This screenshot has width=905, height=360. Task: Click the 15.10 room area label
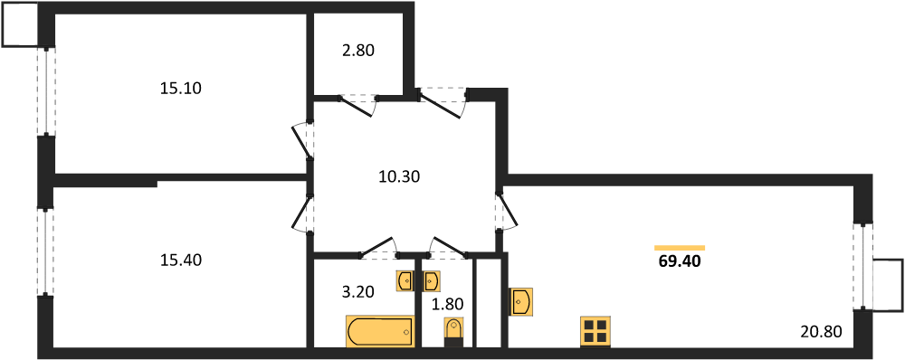tap(181, 89)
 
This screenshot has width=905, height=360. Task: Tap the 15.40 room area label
tap(181, 261)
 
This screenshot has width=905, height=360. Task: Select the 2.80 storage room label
tap(357, 51)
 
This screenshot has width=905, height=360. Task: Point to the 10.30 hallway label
tap(398, 177)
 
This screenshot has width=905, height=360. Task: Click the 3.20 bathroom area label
tap(357, 291)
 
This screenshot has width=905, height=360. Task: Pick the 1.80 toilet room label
tap(446, 303)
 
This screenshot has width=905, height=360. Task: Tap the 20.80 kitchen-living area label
tap(822, 332)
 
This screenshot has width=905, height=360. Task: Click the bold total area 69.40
tap(680, 262)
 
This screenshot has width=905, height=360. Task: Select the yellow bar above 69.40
tap(680, 248)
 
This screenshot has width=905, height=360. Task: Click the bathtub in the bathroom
tap(380, 332)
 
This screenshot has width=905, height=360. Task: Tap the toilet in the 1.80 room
tap(453, 332)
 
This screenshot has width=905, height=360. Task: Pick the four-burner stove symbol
tap(595, 332)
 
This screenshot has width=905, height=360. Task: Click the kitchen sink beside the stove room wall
tap(520, 302)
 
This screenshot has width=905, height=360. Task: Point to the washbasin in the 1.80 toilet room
tap(432, 281)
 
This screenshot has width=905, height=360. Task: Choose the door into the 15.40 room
tap(303, 213)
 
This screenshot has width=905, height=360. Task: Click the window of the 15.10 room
tap(47, 90)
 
